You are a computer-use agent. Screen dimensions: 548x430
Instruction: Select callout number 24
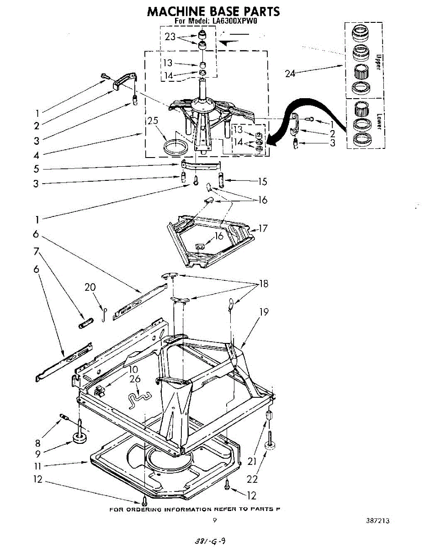[x=291, y=73]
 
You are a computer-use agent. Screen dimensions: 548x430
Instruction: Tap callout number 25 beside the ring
[x=152, y=121]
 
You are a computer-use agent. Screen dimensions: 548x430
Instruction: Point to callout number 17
[x=263, y=228]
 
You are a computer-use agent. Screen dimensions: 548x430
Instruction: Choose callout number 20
[x=90, y=287]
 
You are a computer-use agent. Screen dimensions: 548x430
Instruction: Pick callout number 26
[x=135, y=379]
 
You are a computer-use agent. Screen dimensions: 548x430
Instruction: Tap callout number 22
[x=252, y=479]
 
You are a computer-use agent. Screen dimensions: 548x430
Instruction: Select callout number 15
[x=262, y=181]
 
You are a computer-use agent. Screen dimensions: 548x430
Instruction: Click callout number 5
[x=37, y=169]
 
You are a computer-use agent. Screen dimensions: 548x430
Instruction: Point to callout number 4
[x=37, y=155]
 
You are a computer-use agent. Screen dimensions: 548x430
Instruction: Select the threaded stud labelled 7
[x=85, y=325]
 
